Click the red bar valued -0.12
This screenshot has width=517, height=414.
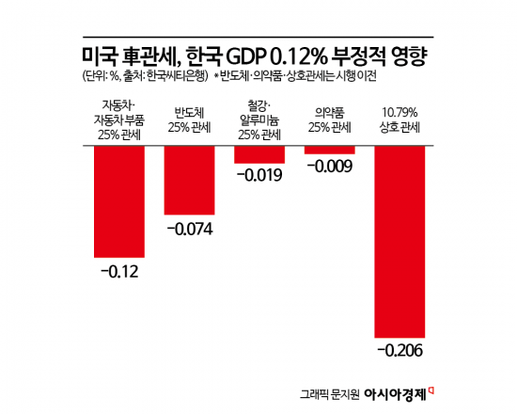tap(118, 201)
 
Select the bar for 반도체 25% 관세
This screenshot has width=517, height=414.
tap(189, 180)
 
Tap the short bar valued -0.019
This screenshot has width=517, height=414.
tap(258, 154)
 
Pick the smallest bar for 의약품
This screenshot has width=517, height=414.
tap(329, 150)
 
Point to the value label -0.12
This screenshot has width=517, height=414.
tap(118, 273)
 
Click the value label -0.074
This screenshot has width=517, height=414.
tap(189, 229)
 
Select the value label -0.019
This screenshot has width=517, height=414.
tap(258, 175)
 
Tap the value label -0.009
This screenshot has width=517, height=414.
tap(329, 167)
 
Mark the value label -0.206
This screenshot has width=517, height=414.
tap(399, 351)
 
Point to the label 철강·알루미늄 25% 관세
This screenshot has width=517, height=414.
tap(258, 120)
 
